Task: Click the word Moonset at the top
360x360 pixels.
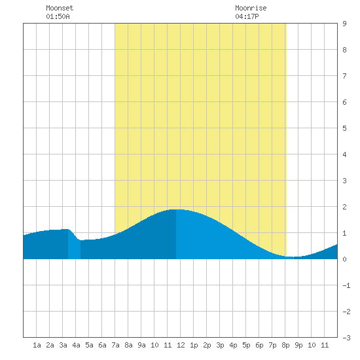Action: [x=60, y=8]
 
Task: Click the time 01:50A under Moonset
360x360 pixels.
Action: [x=58, y=16]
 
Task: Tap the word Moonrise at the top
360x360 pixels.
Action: [x=251, y=8]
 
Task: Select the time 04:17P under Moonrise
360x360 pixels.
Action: [x=247, y=16]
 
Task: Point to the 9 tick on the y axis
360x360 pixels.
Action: [x=344, y=24]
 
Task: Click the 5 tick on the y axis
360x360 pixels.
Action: [x=344, y=128]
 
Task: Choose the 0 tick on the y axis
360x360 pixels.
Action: [x=344, y=259]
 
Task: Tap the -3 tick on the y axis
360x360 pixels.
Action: [x=346, y=338]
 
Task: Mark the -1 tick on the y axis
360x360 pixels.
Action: [x=346, y=285]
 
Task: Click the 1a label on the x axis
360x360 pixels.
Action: [x=37, y=345]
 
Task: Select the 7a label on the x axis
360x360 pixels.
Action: [x=115, y=345]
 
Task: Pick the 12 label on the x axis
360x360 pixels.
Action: [x=181, y=345]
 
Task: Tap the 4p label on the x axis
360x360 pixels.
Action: [x=233, y=345]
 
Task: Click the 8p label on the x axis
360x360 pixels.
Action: [x=285, y=345]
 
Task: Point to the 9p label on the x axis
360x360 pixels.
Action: [x=298, y=345]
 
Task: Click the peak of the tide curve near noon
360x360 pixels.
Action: [x=176, y=209]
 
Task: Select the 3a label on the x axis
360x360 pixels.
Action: [x=63, y=345]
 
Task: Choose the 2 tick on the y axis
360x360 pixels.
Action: [x=344, y=207]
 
